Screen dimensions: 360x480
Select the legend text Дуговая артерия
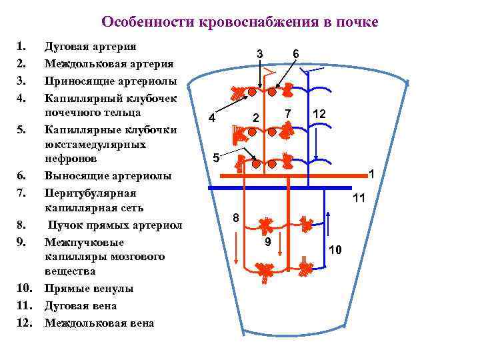90,47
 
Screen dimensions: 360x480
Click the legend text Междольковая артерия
109,64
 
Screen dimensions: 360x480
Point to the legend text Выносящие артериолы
107,176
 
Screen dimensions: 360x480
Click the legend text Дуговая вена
80,306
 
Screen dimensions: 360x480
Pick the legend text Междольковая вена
99,323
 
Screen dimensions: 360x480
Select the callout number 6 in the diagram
296,53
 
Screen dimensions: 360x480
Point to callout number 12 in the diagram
319,114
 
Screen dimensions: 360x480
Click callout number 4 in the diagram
211,119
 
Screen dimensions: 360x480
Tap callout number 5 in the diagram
215,158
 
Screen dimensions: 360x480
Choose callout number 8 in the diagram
236,218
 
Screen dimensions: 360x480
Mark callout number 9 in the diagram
267,242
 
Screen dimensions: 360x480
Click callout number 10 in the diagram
335,249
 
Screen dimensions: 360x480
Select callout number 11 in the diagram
359,198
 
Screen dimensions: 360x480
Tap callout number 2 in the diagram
255,119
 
